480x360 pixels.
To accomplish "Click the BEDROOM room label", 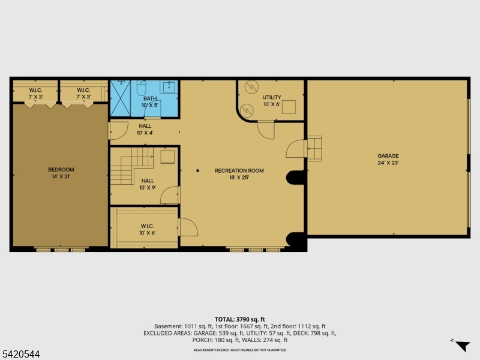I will click(61, 170).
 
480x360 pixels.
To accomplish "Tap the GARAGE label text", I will click(388, 156).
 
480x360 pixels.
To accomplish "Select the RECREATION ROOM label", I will click(239, 170).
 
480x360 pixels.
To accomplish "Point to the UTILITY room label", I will click(271, 97).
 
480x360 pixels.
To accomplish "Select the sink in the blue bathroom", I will click(169, 86).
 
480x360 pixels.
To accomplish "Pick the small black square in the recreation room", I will click(197, 170).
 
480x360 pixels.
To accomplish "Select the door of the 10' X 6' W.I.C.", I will click(188, 227).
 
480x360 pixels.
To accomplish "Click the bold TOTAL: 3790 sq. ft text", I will click(239, 319).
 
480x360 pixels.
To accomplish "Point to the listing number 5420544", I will click(21, 355).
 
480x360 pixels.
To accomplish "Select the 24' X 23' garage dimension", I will click(388, 163).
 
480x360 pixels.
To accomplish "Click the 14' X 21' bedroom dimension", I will click(61, 176).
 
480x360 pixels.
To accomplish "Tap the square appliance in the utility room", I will click(289, 107).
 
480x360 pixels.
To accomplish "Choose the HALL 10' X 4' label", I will click(145, 129).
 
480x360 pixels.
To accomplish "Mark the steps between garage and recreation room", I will click(314, 148).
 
